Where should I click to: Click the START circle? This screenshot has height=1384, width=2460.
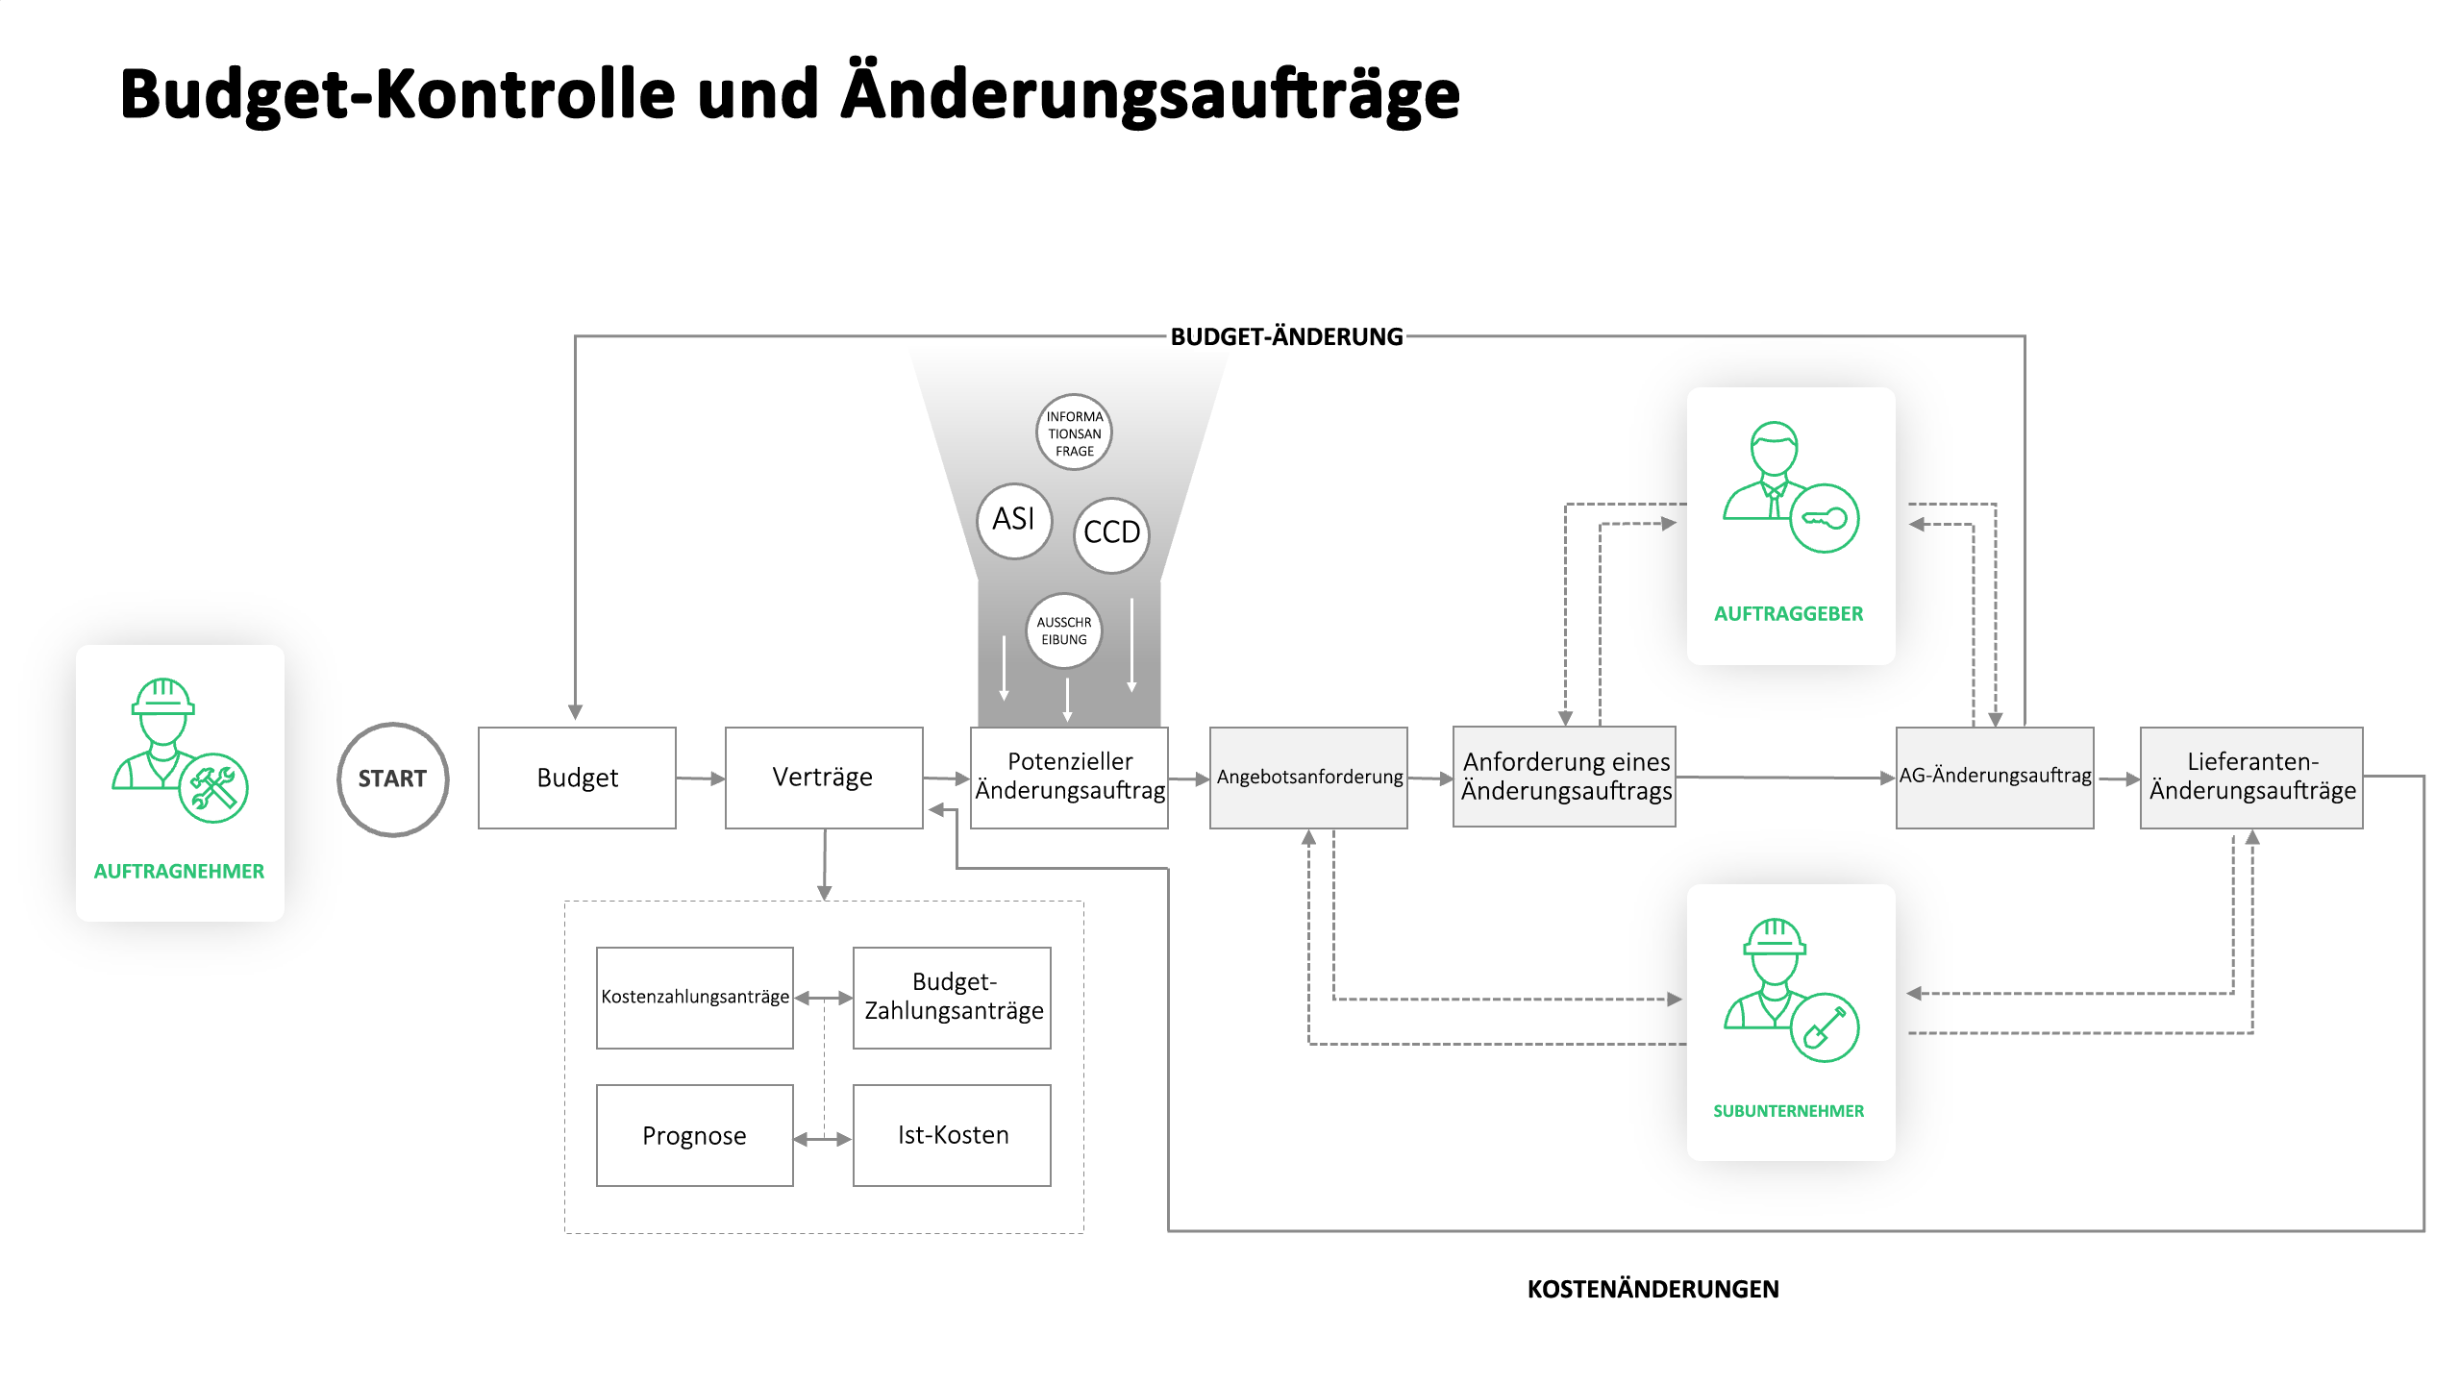(x=393, y=778)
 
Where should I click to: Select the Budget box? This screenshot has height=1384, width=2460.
(x=577, y=778)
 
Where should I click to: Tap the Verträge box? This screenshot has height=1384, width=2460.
(x=824, y=778)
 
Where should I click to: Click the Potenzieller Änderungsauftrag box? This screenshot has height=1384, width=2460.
(x=1069, y=778)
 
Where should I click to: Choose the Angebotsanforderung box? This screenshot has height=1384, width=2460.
(x=1308, y=778)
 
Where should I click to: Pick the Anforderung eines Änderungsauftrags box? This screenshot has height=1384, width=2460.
(x=1564, y=777)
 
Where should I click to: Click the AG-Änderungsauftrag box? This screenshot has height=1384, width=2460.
(x=1995, y=778)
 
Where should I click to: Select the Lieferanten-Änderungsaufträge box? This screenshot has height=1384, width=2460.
(x=2251, y=778)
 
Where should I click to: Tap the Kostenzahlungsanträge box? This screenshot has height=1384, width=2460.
(x=695, y=998)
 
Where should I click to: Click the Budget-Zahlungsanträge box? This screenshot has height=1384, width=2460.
(x=952, y=998)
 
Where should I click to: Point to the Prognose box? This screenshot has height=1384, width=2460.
(x=695, y=1135)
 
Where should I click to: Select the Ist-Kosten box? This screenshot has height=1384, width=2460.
(x=952, y=1135)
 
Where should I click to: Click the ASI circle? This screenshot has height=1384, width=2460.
(x=1014, y=520)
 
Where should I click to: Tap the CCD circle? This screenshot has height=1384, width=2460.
(x=1111, y=534)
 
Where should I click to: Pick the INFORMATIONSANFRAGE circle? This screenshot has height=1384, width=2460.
(x=1074, y=432)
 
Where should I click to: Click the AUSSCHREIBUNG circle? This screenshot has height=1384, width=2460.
(x=1064, y=630)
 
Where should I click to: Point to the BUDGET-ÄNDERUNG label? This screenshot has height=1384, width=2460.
(x=1286, y=336)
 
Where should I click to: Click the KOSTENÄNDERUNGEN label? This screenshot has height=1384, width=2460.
(x=1652, y=1289)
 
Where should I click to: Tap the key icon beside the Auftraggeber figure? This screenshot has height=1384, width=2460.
(x=1825, y=518)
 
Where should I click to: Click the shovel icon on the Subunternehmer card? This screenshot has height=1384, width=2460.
(x=1825, y=1026)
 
